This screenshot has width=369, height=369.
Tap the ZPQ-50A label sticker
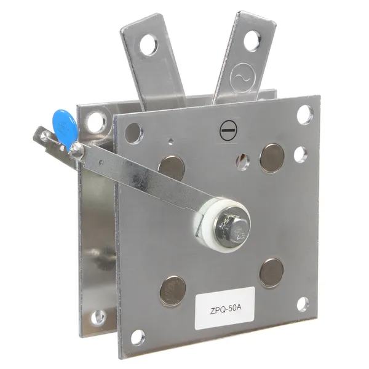(225, 307)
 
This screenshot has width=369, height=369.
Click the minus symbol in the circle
(228, 130)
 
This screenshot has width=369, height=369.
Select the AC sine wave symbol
(243, 77)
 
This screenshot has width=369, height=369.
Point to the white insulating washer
(221, 224)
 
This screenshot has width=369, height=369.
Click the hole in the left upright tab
(149, 44)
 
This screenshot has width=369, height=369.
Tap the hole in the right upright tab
(252, 41)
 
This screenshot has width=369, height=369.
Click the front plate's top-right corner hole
(305, 115)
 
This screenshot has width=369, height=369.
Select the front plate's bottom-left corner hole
(138, 338)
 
